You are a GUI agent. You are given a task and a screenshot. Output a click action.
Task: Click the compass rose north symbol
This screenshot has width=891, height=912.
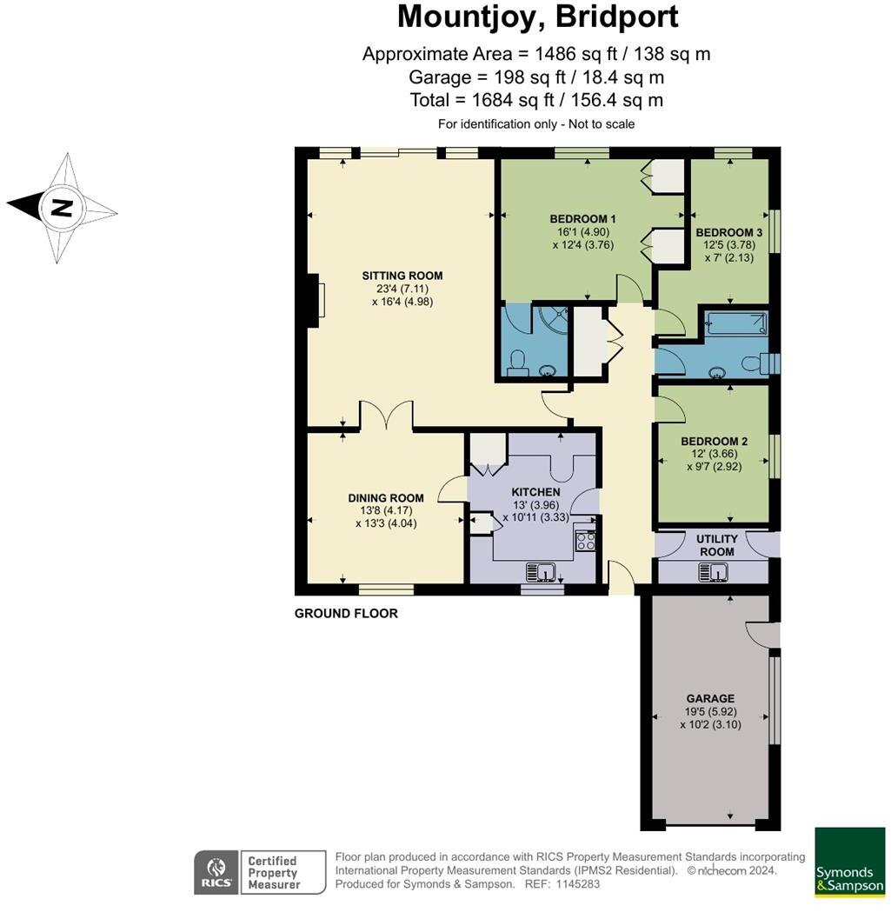click(x=61, y=208)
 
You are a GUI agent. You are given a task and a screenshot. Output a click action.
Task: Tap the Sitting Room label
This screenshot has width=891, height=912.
click(x=396, y=276)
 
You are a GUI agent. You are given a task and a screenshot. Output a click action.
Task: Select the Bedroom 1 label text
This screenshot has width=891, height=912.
click(x=582, y=219)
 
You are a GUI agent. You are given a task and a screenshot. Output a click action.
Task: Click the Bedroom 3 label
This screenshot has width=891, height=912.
click(x=729, y=232)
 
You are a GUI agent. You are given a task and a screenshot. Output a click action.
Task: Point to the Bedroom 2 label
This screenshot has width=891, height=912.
click(x=714, y=441)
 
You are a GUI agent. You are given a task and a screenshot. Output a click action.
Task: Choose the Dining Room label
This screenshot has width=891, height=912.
click(x=386, y=498)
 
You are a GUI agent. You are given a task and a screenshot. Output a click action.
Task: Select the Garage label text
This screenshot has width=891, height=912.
click(x=710, y=698)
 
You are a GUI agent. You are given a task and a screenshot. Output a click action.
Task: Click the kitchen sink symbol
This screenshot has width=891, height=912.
click(x=542, y=571)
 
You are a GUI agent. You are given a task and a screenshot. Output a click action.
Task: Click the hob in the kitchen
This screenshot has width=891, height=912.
click(x=584, y=541)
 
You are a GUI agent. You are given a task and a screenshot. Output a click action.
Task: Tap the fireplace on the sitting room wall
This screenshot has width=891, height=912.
click(x=316, y=300)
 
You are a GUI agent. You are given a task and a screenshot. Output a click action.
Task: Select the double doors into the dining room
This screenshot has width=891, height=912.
click(x=386, y=416)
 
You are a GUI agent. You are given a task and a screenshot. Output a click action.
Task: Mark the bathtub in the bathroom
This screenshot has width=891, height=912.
click(x=735, y=324)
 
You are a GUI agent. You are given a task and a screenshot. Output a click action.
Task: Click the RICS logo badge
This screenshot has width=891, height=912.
click(x=214, y=872)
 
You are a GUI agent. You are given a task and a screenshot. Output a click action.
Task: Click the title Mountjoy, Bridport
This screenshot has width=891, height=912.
click(x=537, y=17)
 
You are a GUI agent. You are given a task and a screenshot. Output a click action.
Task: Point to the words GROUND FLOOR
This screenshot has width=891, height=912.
click(x=346, y=614)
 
